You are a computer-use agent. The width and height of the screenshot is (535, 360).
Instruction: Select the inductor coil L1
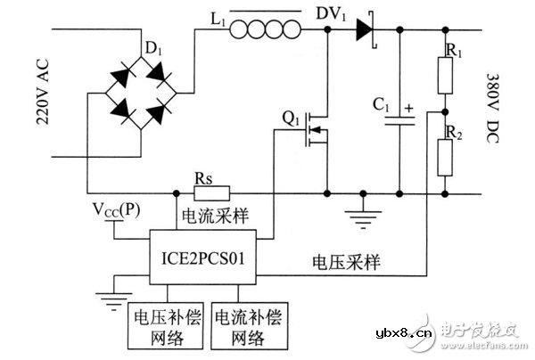pyautogui.click(x=266, y=31)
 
